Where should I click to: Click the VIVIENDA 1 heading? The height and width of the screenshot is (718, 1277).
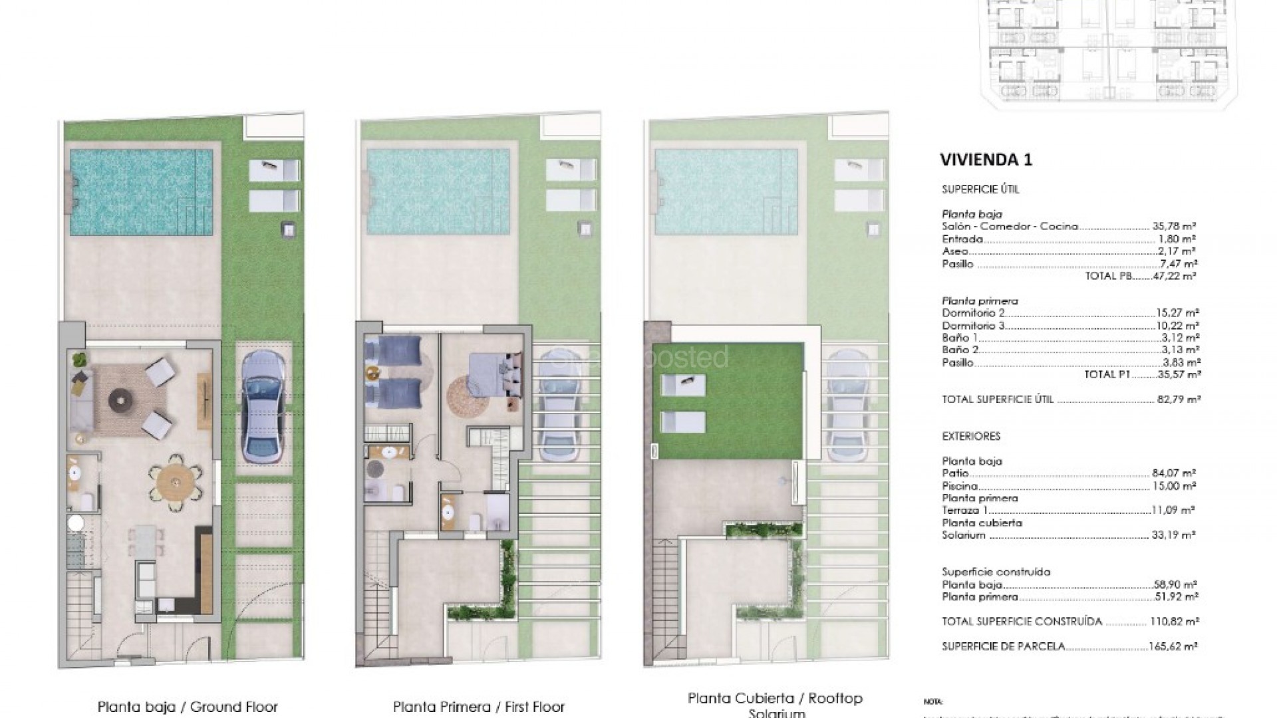point(986,160)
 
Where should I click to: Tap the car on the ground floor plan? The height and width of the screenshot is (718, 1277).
point(263,406)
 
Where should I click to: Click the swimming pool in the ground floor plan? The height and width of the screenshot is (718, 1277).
point(142,191)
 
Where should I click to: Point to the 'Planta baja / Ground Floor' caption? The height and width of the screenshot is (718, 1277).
point(187,707)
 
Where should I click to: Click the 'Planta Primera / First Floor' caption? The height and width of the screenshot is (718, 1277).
point(478,707)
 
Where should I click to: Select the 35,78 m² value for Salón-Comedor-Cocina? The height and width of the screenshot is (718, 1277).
point(1174,226)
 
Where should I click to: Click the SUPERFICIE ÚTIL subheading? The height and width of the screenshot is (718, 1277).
point(971,189)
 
